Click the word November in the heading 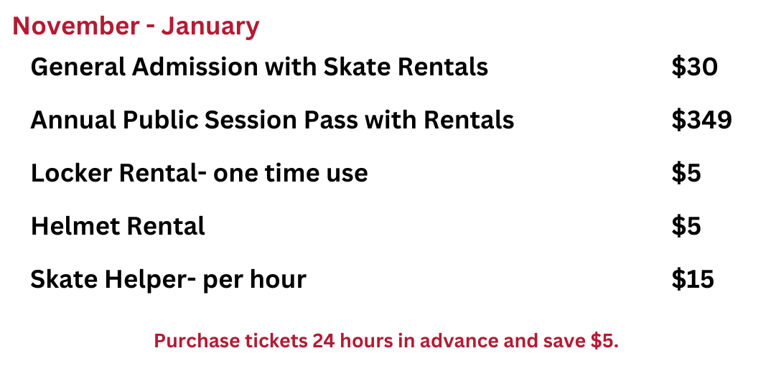click(76, 26)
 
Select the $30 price click(694, 67)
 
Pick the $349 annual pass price click(701, 120)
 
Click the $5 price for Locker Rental click(686, 173)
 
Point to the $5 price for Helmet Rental click(686, 226)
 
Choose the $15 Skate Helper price click(693, 279)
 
